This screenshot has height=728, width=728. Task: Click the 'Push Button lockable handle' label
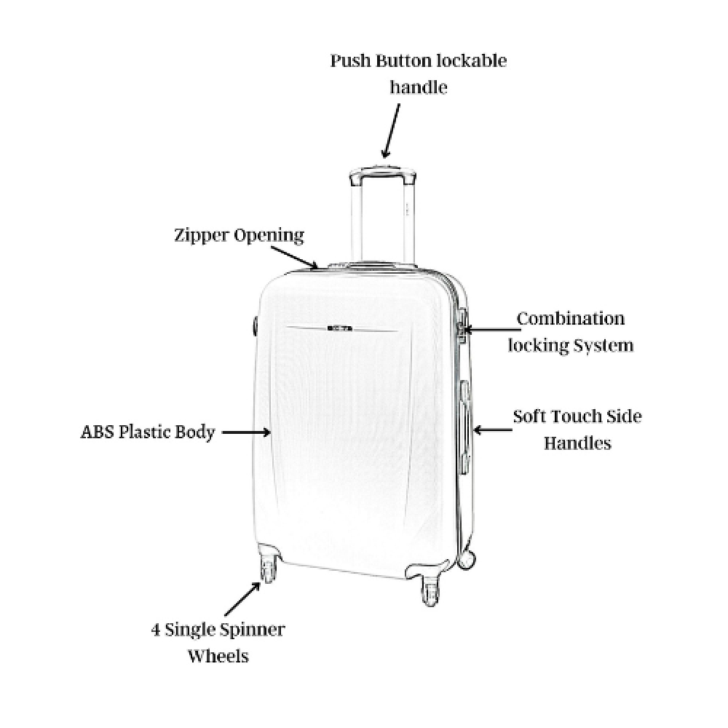point(419,74)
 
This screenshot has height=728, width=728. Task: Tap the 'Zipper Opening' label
point(239,235)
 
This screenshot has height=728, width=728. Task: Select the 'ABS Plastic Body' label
point(148,432)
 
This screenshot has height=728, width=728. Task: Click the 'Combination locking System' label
point(571,332)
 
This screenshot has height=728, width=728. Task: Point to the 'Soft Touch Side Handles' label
point(577,430)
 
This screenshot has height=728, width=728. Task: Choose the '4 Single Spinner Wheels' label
point(218,643)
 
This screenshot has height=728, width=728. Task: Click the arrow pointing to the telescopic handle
point(390,131)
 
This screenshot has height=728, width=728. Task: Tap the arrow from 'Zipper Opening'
point(295,258)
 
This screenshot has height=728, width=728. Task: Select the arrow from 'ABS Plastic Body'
point(246,432)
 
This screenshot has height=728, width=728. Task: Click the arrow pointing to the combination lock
point(492,330)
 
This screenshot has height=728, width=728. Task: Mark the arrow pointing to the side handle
point(493,430)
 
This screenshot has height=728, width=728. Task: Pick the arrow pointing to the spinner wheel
point(242,599)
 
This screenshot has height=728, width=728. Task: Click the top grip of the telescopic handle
point(383,173)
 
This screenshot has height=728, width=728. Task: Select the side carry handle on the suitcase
point(464,427)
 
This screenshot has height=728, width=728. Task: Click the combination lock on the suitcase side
point(462,325)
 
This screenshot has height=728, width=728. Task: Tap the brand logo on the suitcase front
point(340,328)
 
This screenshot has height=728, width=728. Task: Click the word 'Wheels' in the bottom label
point(218,656)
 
